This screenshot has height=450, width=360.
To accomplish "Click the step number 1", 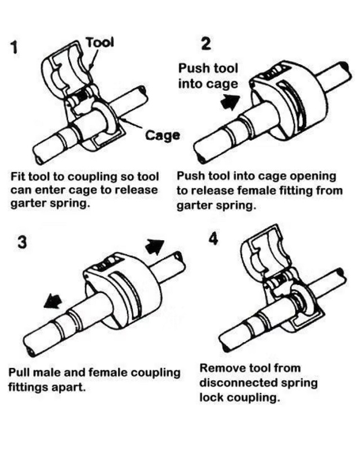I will [17, 47].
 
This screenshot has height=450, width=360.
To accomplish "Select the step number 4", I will [213, 238].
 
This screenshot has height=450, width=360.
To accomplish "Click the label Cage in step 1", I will [163, 135].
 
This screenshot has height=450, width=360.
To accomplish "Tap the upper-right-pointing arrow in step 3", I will [154, 246].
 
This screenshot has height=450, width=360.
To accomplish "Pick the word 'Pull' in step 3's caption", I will [20, 372].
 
